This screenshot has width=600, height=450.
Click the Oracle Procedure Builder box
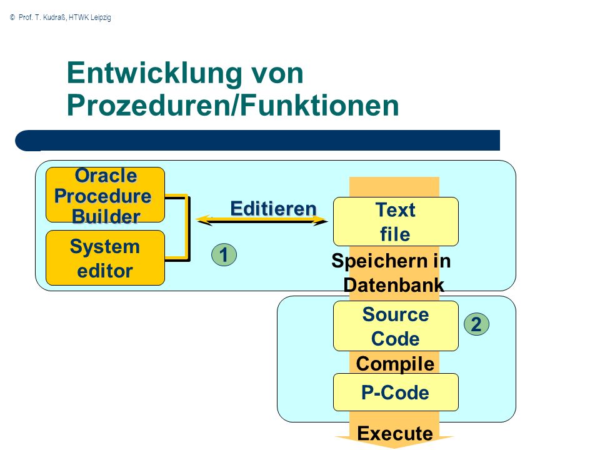pos(105,195)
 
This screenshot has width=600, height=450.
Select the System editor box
pos(105,258)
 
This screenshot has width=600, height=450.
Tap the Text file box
pos(396,221)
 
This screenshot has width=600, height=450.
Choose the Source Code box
pos(396,326)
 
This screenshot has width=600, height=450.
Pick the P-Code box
pos(396,392)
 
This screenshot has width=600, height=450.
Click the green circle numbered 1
pos(224,255)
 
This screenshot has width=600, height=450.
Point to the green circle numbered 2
pos(476,324)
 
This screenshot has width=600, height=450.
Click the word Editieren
pos(274,209)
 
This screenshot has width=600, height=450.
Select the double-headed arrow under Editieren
pos(262,220)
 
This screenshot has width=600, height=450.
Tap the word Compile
pos(395,364)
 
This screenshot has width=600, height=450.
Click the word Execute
pos(395,434)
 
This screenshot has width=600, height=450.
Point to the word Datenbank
pos(394,285)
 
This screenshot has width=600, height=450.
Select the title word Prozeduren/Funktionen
pos(233,105)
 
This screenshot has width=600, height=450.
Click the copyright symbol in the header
pos(12,17)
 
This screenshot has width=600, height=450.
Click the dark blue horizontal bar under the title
pos(257,141)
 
